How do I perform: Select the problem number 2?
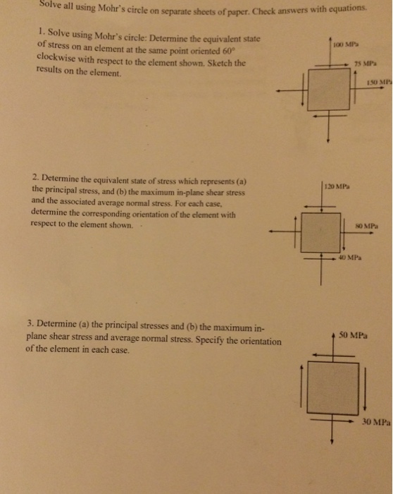tap(33, 180)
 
